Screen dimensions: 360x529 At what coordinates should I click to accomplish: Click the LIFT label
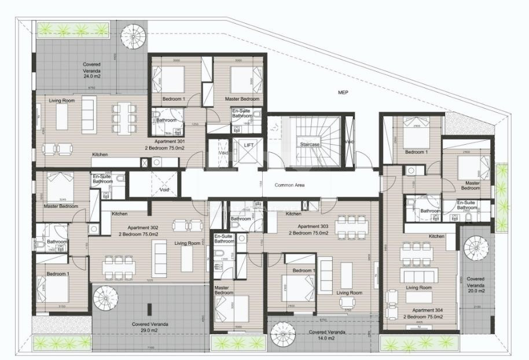249,145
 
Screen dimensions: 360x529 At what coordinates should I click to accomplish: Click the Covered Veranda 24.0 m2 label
92,70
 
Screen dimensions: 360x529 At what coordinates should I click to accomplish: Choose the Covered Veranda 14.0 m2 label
328,335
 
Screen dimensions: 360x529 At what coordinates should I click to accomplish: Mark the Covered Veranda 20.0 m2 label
476,283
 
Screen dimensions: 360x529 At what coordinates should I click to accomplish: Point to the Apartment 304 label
424,313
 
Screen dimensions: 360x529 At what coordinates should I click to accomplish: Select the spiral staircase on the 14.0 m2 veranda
283,334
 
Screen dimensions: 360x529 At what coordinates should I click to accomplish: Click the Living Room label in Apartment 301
62,101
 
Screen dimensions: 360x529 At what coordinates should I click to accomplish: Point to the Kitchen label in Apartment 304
436,236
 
